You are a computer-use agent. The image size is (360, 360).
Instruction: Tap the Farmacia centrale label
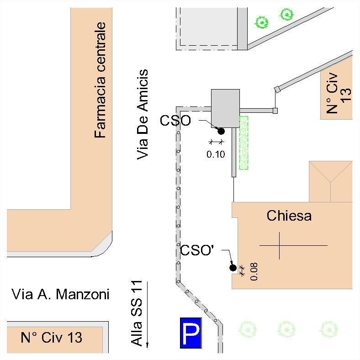click(x=100, y=80)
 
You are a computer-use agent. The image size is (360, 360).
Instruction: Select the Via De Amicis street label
click(x=143, y=114)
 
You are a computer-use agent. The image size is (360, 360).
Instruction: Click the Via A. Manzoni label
click(x=60, y=294)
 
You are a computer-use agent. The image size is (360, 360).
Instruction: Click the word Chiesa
click(x=289, y=215)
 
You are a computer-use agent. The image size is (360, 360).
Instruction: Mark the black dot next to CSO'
click(x=233, y=268)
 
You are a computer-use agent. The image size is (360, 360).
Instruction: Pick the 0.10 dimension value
click(x=216, y=154)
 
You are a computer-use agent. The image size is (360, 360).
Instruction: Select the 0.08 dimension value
click(x=254, y=271)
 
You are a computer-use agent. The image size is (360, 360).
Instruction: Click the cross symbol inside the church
click(x=279, y=246)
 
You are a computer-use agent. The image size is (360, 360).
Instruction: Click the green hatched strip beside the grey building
click(x=244, y=143)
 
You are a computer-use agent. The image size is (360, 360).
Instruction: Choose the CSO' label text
click(x=197, y=250)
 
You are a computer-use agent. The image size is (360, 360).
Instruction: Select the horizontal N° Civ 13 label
click(x=52, y=338)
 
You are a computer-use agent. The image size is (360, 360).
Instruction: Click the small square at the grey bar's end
click(x=275, y=110)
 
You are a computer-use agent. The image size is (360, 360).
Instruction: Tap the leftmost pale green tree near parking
click(x=247, y=328)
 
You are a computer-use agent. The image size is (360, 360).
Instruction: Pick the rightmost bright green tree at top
click(x=286, y=15)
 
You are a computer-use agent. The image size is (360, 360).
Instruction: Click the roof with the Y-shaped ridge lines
click(x=330, y=181)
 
